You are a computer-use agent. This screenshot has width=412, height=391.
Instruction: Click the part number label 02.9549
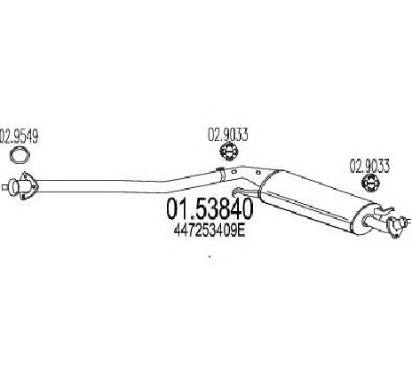coord(19,137)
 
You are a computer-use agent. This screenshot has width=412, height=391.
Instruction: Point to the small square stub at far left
coord(4,187)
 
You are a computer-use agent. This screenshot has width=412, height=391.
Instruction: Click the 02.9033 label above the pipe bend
coord(227,135)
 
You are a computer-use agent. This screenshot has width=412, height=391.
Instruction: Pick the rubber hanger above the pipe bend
coord(229,152)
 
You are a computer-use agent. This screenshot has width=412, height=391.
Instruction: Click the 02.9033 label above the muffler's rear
coord(369,166)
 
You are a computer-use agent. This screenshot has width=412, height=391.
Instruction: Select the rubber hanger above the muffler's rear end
coord(371,184)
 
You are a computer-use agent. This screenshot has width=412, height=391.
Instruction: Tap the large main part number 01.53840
coord(210,208)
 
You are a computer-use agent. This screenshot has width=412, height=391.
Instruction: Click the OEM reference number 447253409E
coord(210,231)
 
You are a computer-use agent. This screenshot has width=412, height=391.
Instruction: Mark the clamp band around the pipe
coord(221,174)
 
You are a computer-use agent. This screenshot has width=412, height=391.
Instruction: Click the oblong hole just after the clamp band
coord(234,171)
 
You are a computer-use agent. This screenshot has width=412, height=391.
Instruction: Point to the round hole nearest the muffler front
coord(258,173)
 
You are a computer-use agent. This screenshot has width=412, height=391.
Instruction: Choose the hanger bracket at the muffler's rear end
coord(384,210)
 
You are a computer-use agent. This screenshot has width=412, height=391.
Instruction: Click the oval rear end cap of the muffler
coord(365,219)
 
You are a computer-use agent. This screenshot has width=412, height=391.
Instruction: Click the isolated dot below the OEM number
coord(210,256)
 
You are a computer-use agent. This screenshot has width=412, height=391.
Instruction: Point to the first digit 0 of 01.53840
coord(172,208)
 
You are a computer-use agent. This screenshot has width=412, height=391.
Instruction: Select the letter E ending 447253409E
coord(242,231)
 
